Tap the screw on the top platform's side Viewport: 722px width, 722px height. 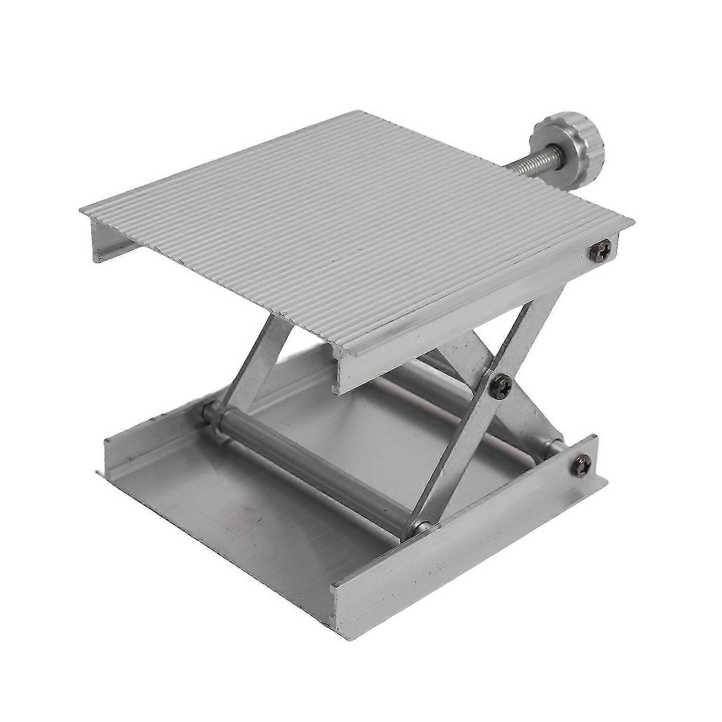[x=600, y=249]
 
